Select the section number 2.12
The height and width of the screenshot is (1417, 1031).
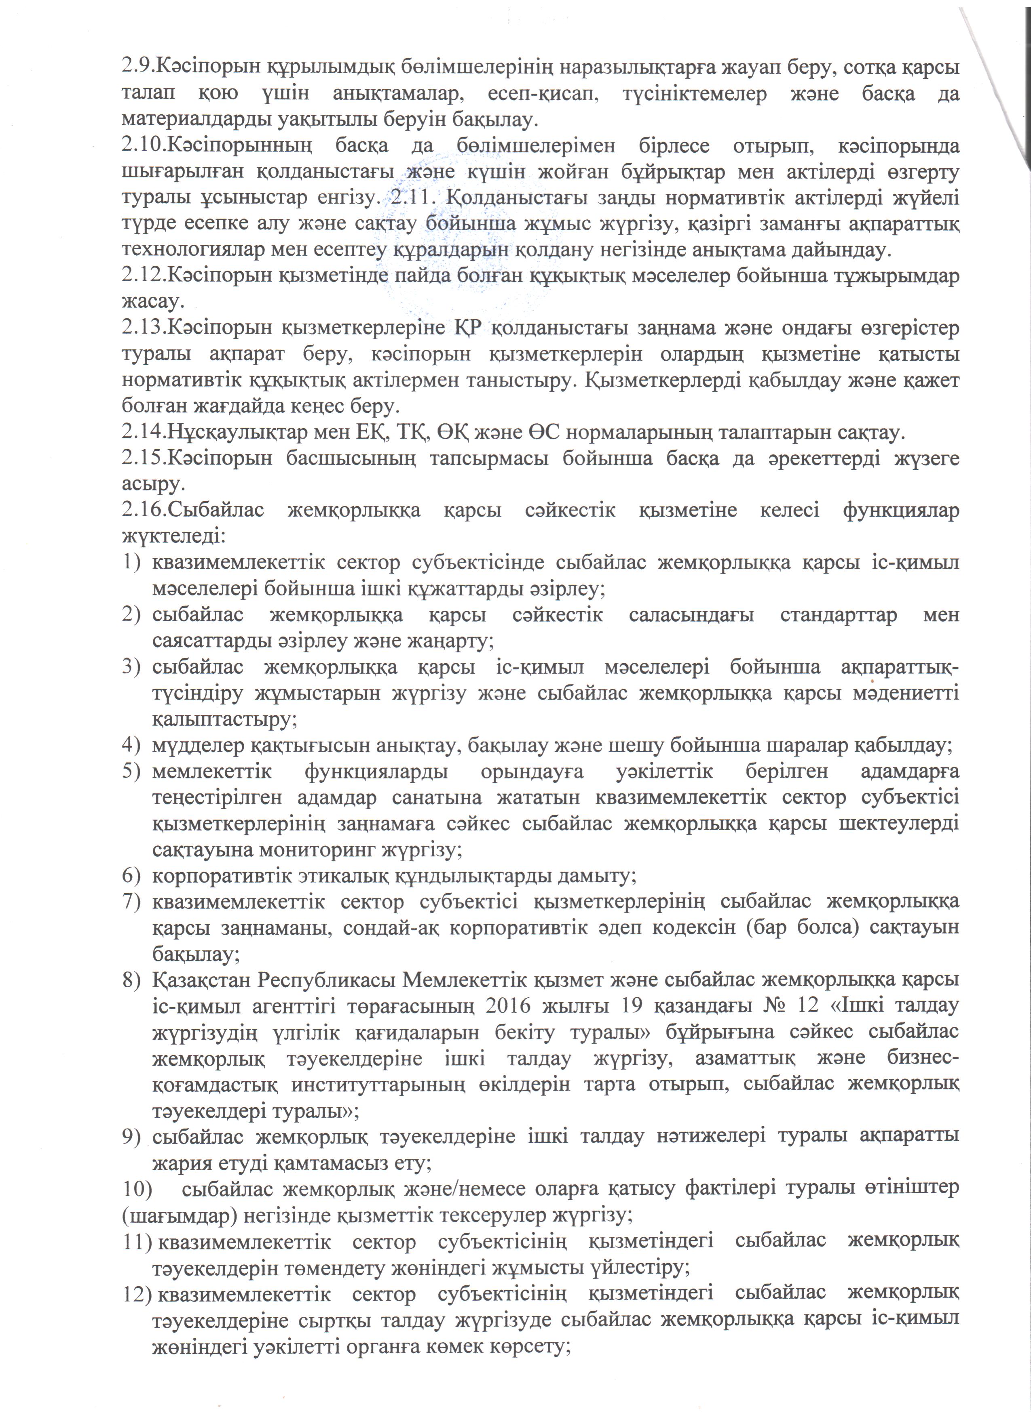[x=143, y=276]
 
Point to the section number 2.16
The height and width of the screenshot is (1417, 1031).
[x=143, y=510]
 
